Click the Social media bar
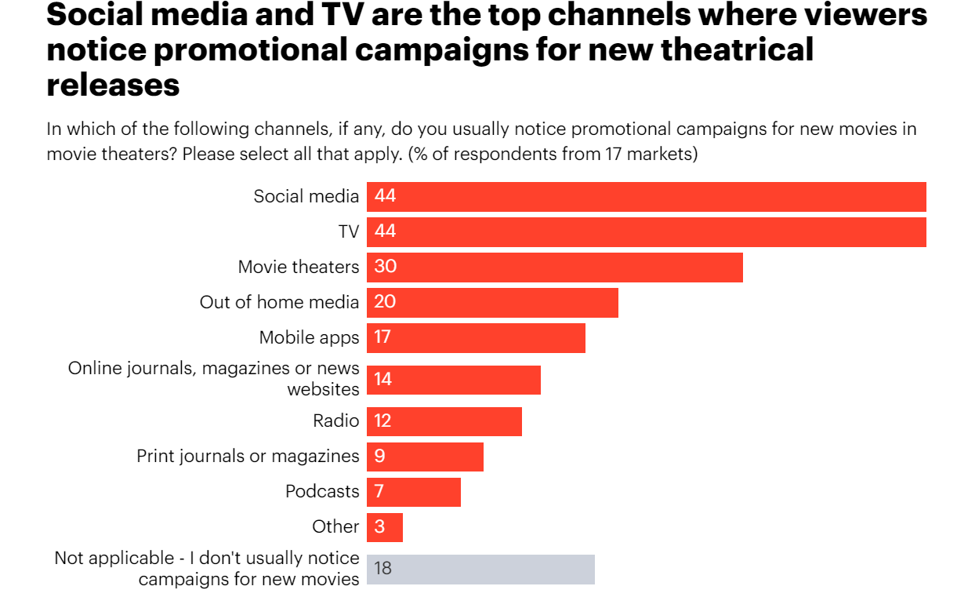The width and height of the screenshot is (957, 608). click(646, 196)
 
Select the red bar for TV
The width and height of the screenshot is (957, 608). click(646, 231)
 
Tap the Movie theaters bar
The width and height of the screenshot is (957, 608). click(554, 267)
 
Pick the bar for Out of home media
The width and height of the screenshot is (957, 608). click(492, 302)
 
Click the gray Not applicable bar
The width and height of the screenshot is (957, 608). click(480, 569)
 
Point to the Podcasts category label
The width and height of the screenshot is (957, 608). click(322, 491)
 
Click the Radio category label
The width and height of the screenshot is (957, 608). click(335, 421)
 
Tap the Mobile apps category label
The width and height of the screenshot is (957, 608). click(309, 337)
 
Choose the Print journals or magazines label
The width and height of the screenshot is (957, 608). click(248, 456)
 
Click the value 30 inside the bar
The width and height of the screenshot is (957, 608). click(385, 267)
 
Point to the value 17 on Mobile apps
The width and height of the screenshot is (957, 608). click(382, 337)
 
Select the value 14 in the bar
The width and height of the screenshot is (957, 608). click(382, 380)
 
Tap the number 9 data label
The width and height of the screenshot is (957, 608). click(379, 456)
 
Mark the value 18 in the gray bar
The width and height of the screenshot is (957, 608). click(382, 569)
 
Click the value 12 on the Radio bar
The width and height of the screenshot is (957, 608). click(382, 421)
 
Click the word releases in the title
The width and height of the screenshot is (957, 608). click(113, 85)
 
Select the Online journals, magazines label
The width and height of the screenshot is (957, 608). click(213, 369)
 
